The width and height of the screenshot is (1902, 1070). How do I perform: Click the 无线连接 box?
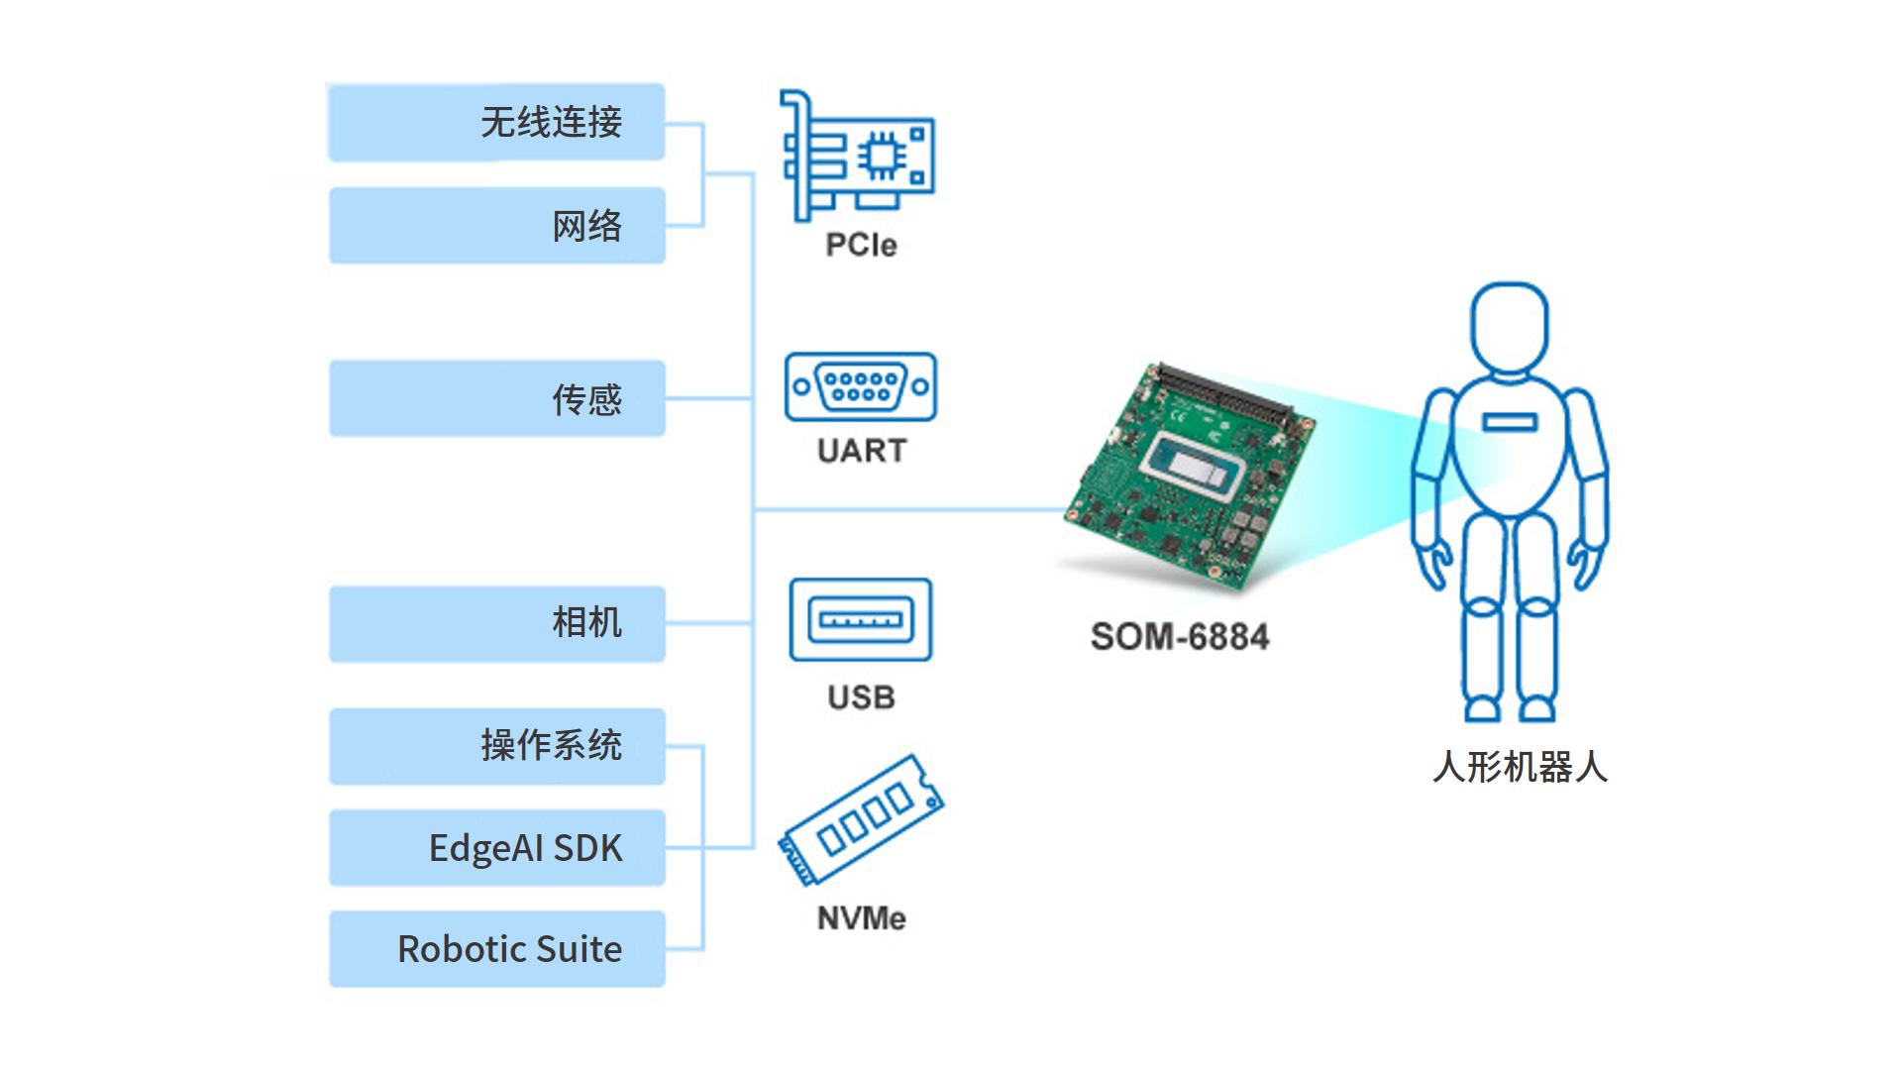tap(495, 123)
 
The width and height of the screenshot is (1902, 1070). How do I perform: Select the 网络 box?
tap(496, 226)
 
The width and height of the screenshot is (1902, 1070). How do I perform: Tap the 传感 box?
tap(496, 398)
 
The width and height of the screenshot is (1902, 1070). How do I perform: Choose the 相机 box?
tap(496, 623)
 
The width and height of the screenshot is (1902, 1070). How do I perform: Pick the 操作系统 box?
tap(496, 746)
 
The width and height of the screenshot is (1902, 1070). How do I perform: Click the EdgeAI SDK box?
tap(496, 848)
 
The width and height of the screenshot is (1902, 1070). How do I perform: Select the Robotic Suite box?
tap(496, 949)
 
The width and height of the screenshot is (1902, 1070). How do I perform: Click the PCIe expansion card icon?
tap(858, 156)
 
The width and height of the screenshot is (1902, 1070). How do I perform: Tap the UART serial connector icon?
tap(860, 386)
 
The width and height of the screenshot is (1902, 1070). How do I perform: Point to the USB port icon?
tap(860, 620)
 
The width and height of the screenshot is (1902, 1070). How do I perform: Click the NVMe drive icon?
tap(861, 820)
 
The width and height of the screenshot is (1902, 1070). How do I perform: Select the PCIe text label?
tap(861, 245)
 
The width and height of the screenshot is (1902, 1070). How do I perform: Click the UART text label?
tap(861, 451)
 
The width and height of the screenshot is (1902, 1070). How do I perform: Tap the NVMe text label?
tap(861, 918)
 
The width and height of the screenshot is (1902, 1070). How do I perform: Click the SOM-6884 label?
tap(1179, 636)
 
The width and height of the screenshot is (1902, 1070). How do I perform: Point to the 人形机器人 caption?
tap(1520, 767)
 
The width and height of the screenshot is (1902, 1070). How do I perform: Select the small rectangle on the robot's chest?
tap(1509, 423)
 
